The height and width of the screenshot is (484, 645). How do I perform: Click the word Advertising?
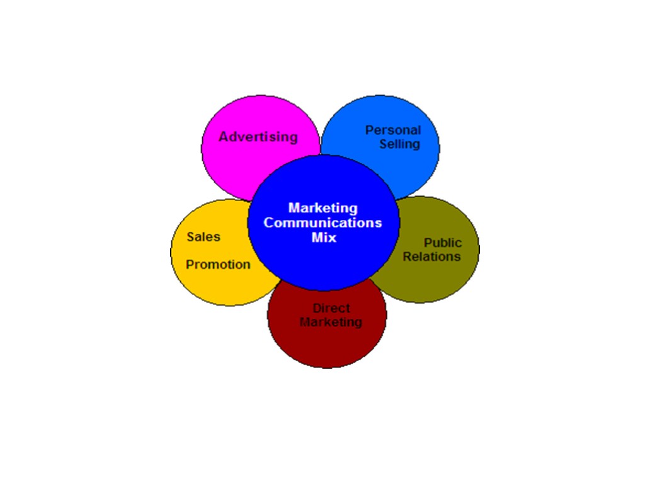(258, 137)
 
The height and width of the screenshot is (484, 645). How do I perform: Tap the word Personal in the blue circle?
(393, 130)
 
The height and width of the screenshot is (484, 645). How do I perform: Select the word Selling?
(399, 144)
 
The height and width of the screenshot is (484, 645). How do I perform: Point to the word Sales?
(203, 237)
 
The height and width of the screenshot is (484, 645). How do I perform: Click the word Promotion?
(218, 265)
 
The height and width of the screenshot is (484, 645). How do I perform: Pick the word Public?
(442, 243)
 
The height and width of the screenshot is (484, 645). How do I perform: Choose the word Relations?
(431, 256)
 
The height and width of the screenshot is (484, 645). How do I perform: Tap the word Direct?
(331, 308)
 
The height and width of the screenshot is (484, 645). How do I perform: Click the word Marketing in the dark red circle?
(331, 322)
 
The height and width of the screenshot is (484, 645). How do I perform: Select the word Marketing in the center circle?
(322, 208)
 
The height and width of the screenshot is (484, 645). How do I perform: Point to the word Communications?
(322, 222)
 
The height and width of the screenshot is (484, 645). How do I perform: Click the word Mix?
(324, 238)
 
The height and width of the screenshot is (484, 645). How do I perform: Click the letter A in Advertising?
(224, 137)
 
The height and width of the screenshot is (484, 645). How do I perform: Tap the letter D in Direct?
(317, 308)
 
